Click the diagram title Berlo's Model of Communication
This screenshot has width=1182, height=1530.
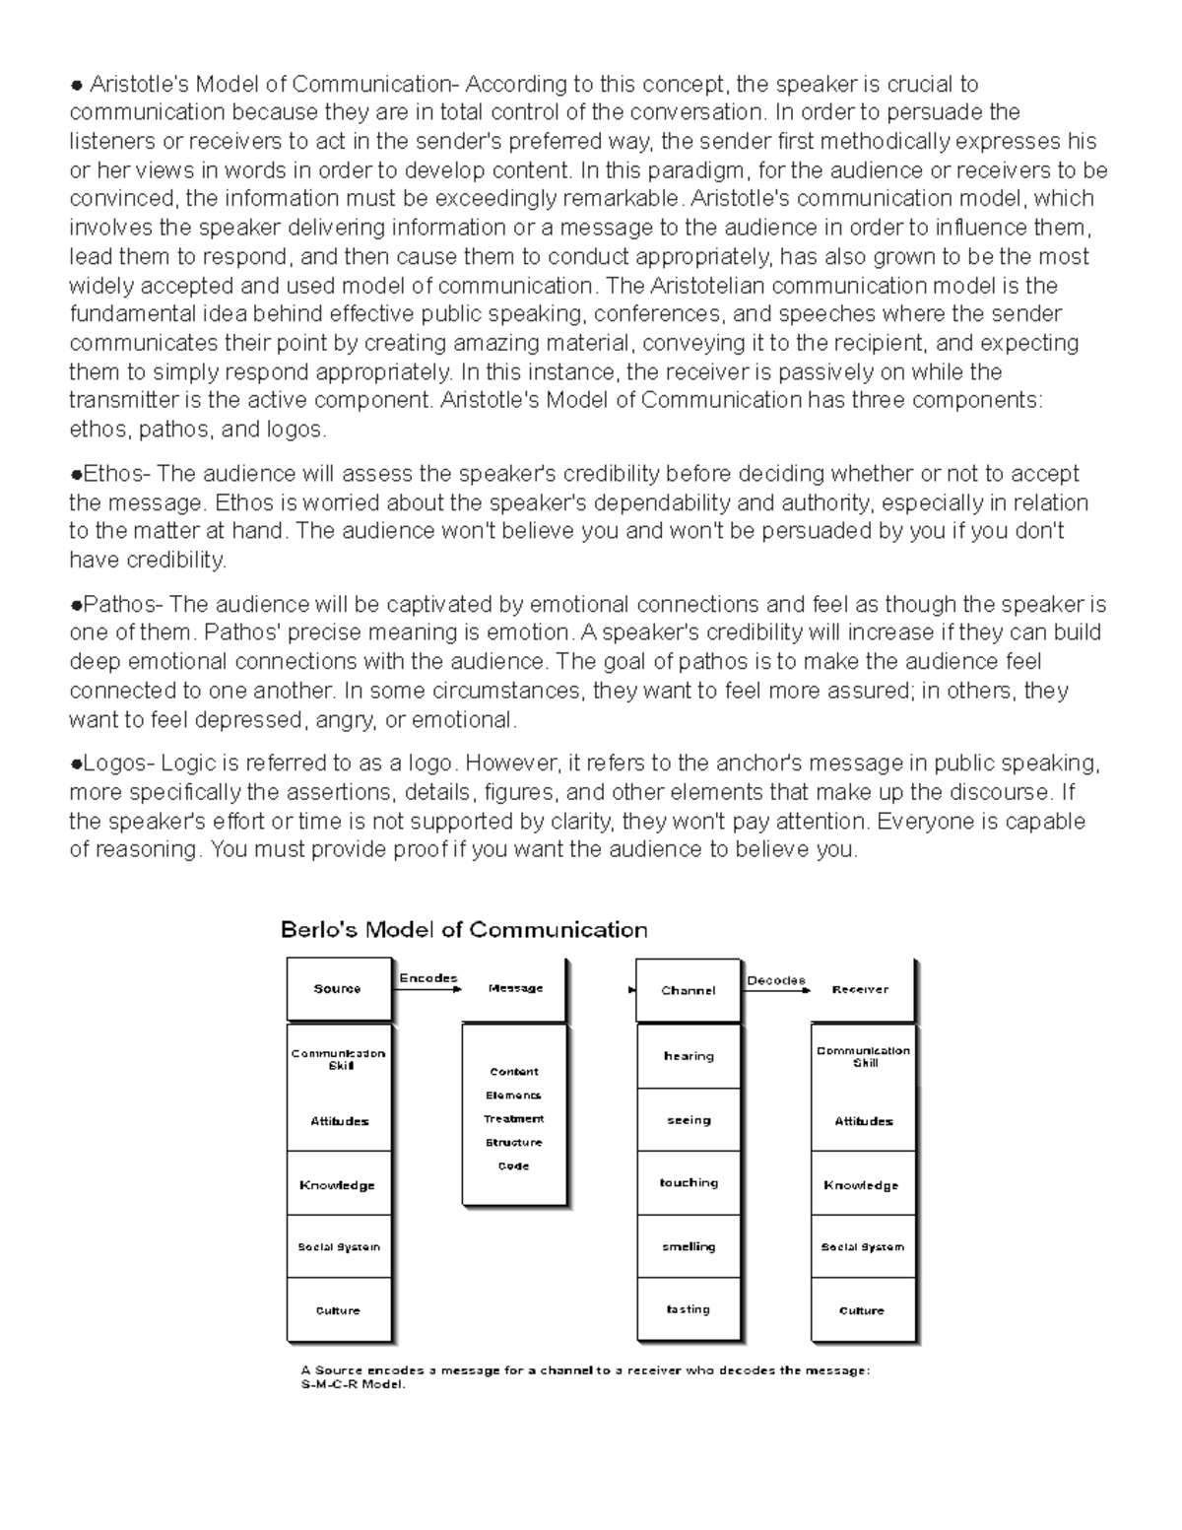(x=464, y=930)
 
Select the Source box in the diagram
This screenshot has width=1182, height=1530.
(x=338, y=989)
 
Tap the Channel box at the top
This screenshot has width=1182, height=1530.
(x=688, y=990)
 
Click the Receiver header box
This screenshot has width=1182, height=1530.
(x=861, y=990)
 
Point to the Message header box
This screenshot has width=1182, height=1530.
(x=515, y=989)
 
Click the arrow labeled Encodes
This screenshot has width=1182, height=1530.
(x=427, y=988)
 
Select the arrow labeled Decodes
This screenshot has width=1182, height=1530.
(x=776, y=989)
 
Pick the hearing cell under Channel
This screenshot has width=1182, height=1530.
(x=689, y=1056)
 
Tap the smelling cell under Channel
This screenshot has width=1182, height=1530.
(x=689, y=1247)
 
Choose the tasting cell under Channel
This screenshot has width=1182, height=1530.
(x=689, y=1310)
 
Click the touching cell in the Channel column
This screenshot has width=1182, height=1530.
(x=689, y=1183)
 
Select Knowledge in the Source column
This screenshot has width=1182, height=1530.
(x=338, y=1185)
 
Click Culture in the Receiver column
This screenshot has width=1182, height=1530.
(x=862, y=1311)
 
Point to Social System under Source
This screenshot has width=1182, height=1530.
(x=338, y=1247)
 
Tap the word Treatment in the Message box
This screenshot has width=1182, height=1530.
(x=514, y=1119)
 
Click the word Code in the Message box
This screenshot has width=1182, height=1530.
(x=514, y=1166)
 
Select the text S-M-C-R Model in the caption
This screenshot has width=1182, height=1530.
(x=354, y=1384)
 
